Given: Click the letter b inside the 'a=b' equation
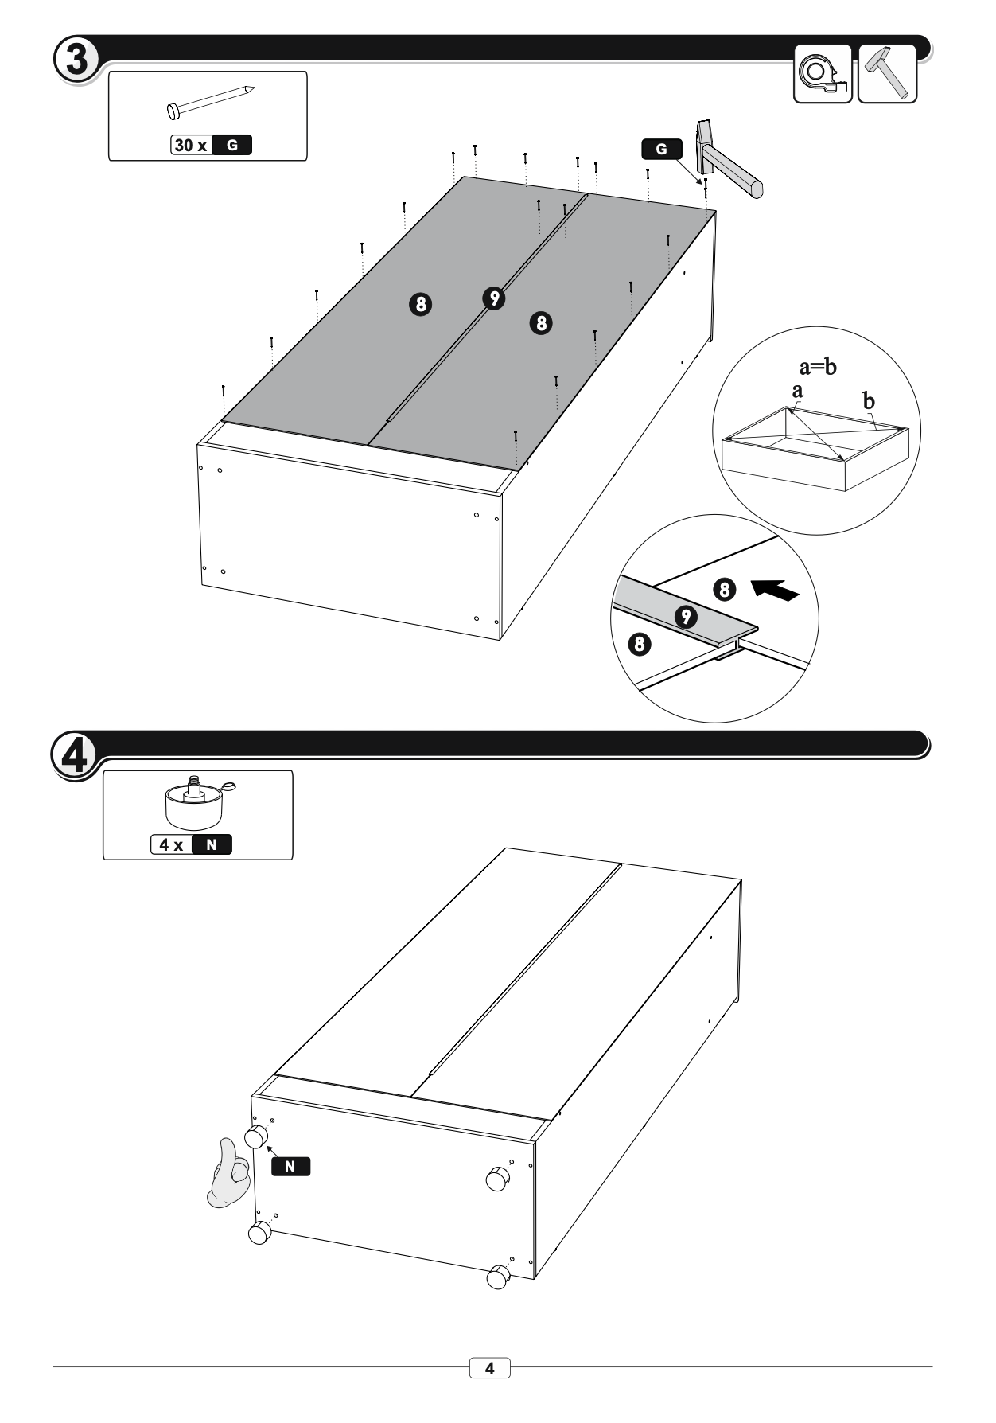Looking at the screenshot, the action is click(831, 367).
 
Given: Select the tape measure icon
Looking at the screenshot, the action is click(823, 74).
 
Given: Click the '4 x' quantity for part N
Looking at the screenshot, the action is click(171, 844).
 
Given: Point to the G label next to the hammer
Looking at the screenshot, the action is click(661, 149).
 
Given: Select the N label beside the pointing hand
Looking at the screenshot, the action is click(290, 1166).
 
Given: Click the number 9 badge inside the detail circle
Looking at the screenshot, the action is click(686, 617).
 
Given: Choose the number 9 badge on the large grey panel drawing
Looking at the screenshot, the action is click(494, 298).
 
